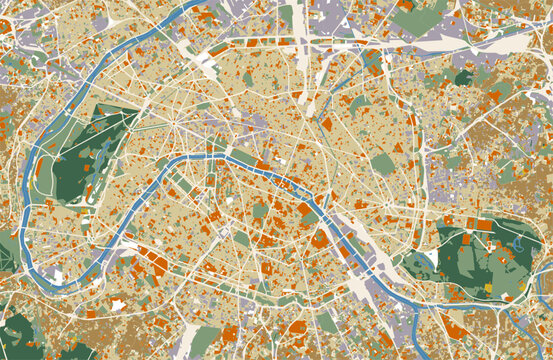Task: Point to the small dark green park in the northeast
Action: click(463, 77)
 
